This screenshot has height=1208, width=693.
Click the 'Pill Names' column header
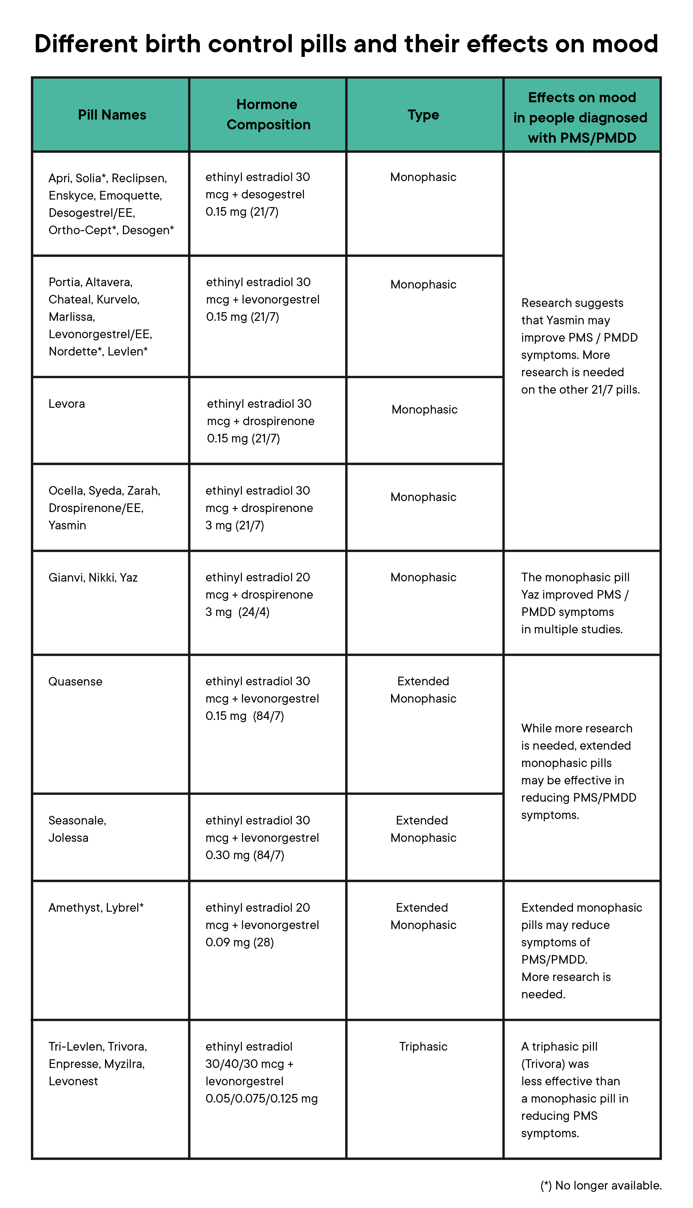(x=112, y=115)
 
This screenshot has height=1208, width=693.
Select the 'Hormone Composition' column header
(x=268, y=114)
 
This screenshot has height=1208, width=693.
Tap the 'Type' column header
(x=423, y=115)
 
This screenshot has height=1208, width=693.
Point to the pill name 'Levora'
(x=67, y=404)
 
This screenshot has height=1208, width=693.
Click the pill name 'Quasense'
(x=75, y=681)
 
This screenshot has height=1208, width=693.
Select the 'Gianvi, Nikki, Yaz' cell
(x=93, y=578)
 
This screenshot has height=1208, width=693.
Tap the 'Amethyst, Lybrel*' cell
(x=96, y=908)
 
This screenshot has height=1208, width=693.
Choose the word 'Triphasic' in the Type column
(x=423, y=1047)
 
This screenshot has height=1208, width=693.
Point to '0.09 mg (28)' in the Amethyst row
(x=239, y=942)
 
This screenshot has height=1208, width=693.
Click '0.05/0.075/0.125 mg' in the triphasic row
(x=261, y=1099)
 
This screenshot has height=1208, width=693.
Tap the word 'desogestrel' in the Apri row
(x=273, y=194)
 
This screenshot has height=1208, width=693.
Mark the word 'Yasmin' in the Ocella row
(x=67, y=525)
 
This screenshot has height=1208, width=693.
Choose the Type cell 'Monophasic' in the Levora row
(x=424, y=410)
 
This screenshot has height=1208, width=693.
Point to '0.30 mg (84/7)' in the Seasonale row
(x=245, y=855)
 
